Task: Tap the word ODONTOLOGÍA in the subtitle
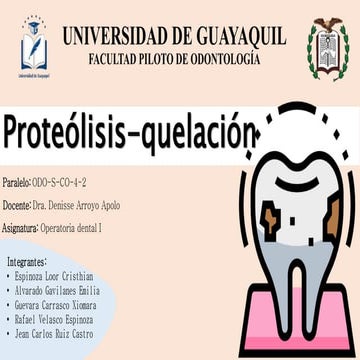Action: [226, 59]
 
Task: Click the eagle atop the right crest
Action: [328, 24]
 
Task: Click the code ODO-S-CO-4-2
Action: [60, 183]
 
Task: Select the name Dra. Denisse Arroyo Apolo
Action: [76, 206]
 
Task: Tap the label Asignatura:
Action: [20, 229]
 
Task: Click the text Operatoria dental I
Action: [71, 229]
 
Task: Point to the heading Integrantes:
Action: [27, 262]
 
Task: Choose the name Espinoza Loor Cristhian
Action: [54, 276]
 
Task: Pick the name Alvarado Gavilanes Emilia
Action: [57, 291]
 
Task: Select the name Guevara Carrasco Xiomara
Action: [56, 305]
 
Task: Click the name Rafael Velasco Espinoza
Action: [54, 320]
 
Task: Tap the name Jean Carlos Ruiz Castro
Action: [54, 334]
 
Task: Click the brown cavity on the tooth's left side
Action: [272, 220]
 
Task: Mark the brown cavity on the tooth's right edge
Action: [333, 217]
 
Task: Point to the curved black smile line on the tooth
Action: [297, 184]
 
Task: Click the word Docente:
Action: [17, 206]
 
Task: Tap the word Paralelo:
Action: [17, 183]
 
